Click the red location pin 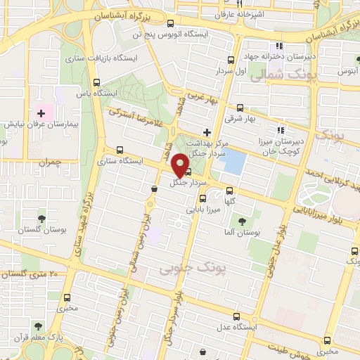(x=182, y=164)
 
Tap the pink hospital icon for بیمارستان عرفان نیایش (x=41, y=112)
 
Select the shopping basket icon (x=154, y=188)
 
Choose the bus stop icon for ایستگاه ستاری (x=119, y=149)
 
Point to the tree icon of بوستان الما (x=242, y=221)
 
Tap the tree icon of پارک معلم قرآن (x=37, y=327)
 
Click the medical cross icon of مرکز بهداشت (x=206, y=131)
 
